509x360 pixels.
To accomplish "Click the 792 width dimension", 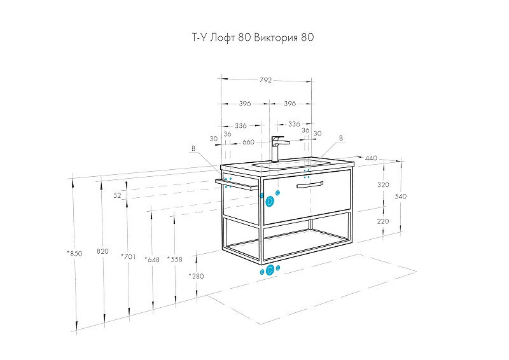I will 265,80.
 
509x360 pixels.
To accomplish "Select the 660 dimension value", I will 248,142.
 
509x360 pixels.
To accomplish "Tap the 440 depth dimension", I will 371,158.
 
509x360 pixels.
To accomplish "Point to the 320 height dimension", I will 383,184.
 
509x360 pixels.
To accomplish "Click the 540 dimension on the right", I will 400,197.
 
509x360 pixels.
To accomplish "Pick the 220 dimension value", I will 383,221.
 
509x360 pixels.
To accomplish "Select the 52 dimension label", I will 117,195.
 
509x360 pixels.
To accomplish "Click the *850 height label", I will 74,253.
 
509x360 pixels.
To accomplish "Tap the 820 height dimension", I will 102,251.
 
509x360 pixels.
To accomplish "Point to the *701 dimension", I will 128,256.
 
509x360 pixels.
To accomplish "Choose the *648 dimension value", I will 151,260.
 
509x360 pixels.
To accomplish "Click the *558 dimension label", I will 174,260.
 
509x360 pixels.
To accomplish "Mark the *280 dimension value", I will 197,276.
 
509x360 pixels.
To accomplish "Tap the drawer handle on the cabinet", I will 309,184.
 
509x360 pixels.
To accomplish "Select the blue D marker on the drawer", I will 270,201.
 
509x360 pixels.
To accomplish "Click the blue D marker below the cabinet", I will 270,270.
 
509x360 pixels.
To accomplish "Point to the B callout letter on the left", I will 193,148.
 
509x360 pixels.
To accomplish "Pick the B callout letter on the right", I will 341,138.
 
